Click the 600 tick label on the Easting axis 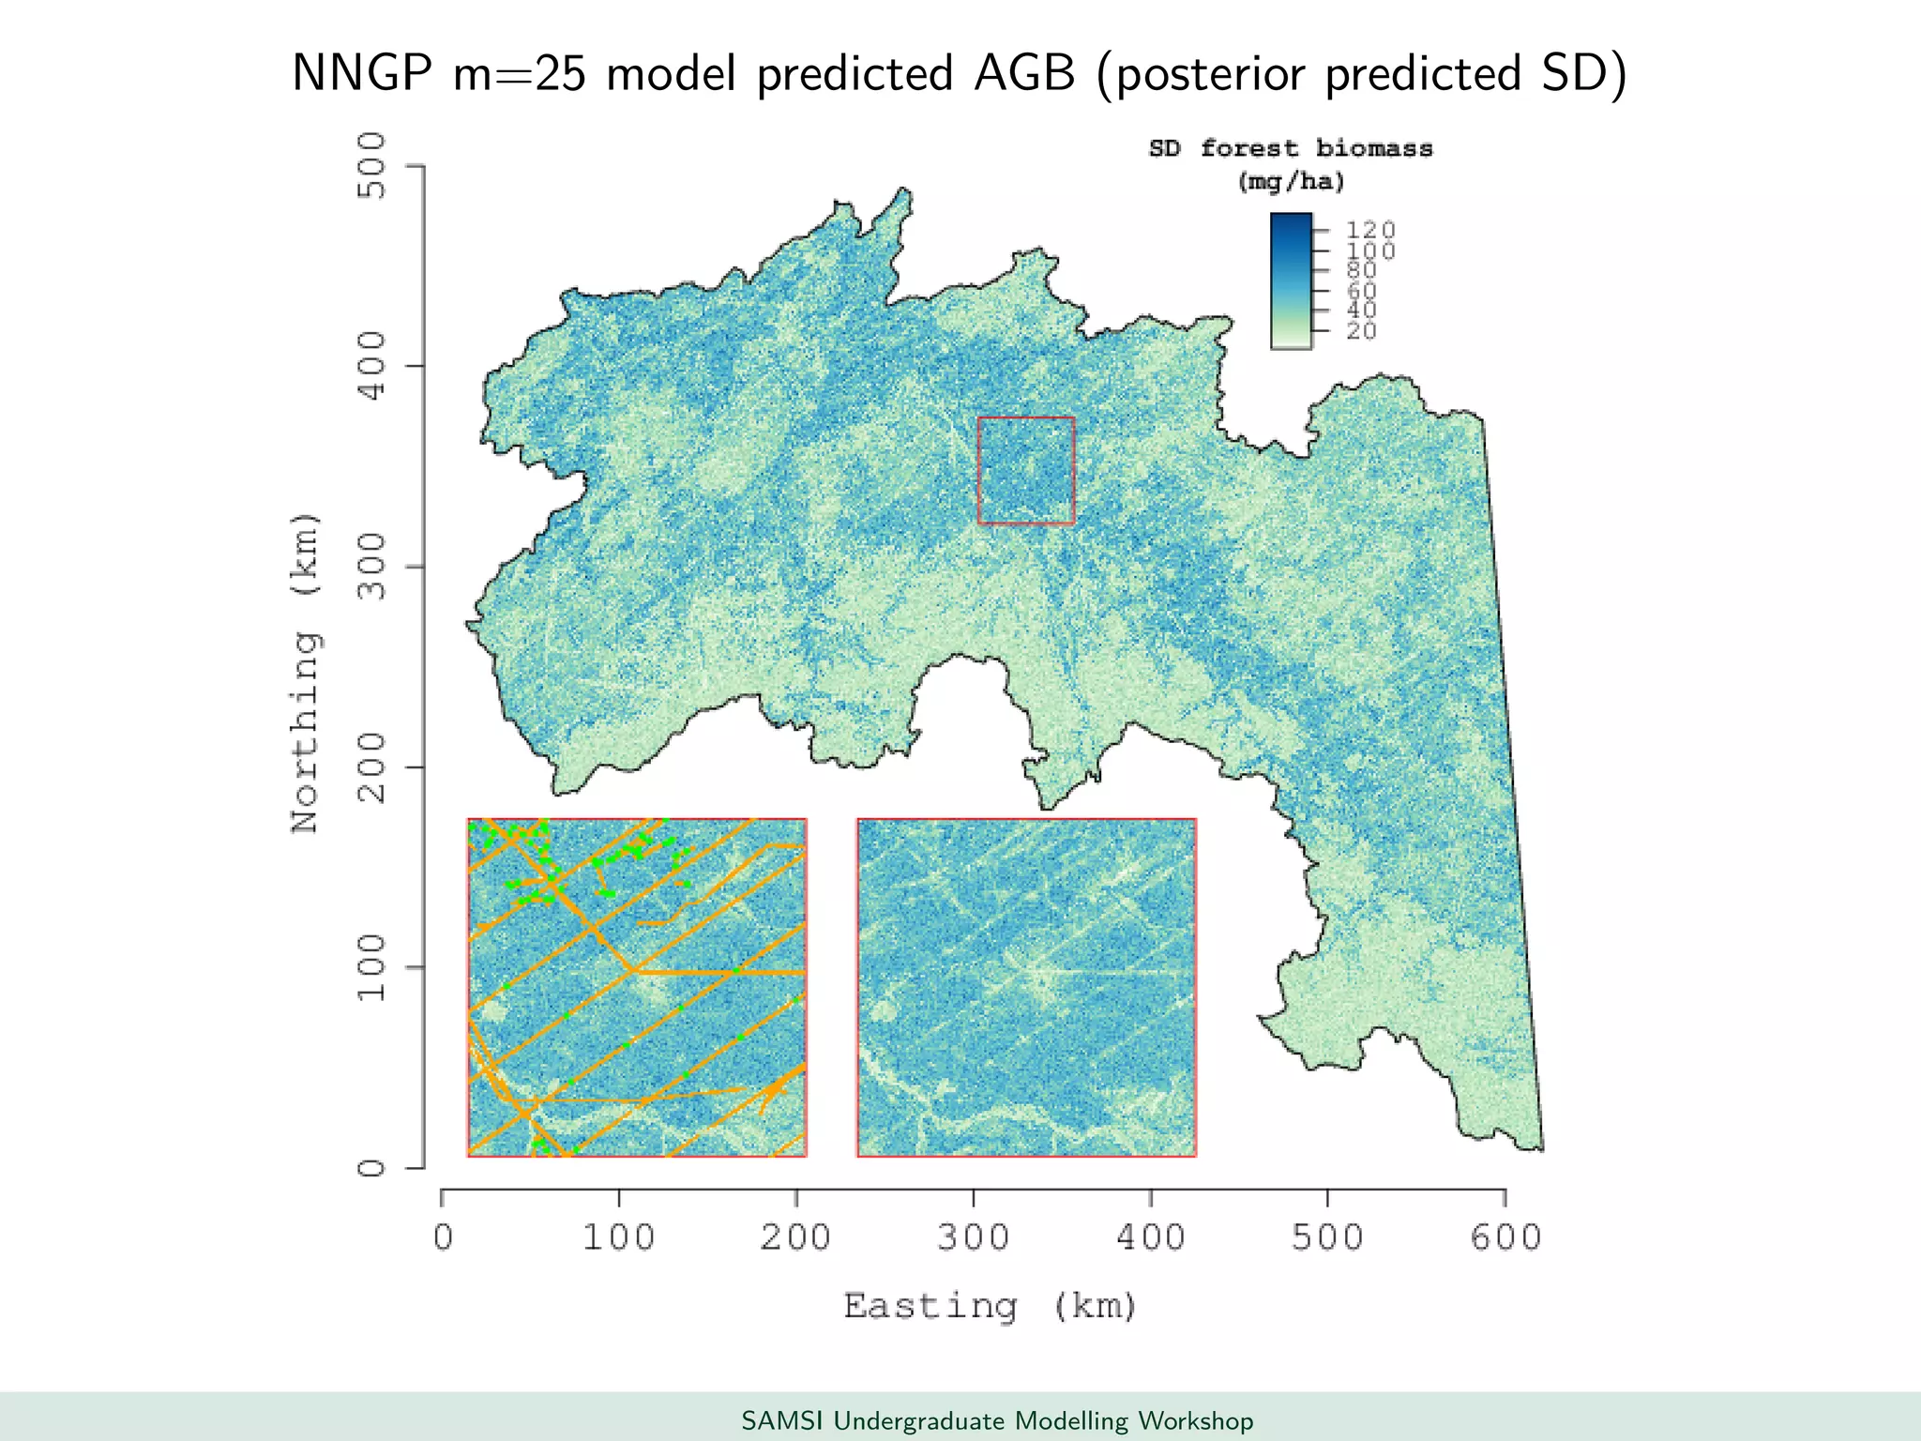[1505, 1237]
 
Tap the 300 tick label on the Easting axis [974, 1237]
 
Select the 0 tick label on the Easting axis [443, 1237]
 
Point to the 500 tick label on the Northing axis [372, 165]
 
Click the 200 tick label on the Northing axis [372, 766]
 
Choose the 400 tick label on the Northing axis [372, 366]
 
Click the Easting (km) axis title [991, 1306]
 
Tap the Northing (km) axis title [306, 673]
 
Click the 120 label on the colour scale [1370, 229]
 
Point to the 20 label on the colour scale [1361, 331]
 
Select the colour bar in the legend [1291, 281]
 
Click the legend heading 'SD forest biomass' [1291, 148]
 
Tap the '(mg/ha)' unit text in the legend [1291, 181]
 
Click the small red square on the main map [1025, 470]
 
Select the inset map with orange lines [637, 987]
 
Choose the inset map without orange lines [1026, 987]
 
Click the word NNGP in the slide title [361, 73]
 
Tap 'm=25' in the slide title [520, 73]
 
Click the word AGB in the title [1024, 73]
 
